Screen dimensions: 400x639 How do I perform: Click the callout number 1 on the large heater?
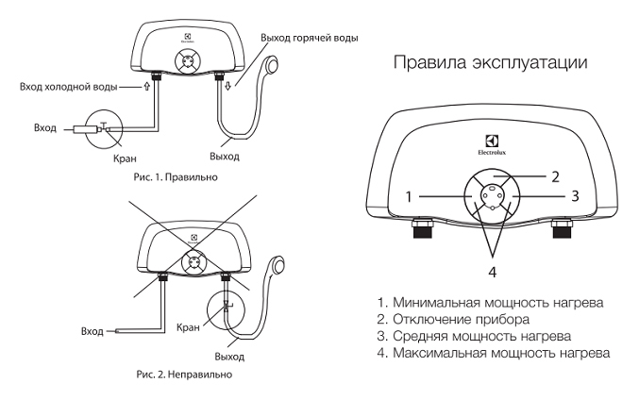[x=410, y=197]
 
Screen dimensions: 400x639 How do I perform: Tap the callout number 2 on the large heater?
[x=556, y=176]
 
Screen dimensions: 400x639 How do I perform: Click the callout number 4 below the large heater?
[x=492, y=273]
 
